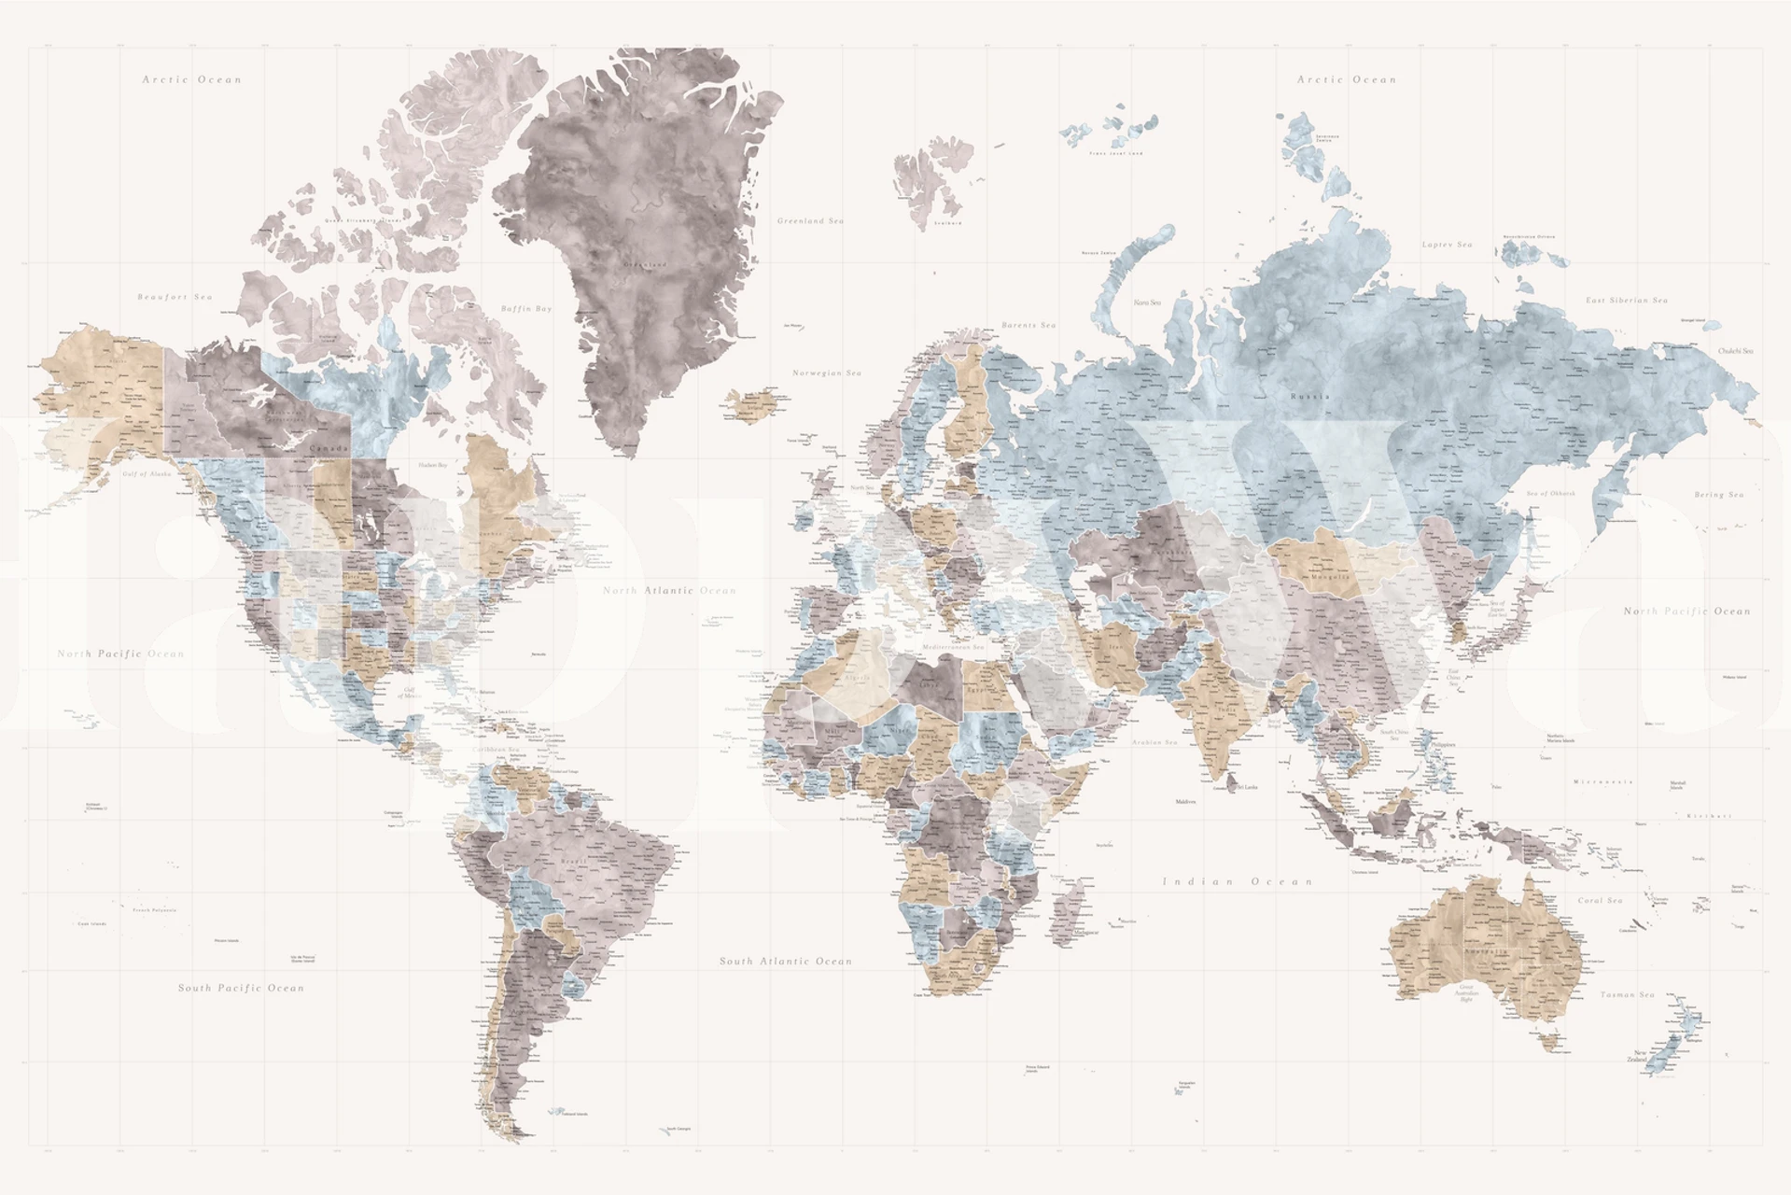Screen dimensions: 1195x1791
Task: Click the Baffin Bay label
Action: point(526,308)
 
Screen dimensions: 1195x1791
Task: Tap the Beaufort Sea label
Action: point(175,297)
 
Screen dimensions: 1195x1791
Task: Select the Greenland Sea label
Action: point(810,221)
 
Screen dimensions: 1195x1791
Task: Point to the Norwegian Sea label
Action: point(827,373)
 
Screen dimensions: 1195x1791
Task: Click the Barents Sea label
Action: point(1028,325)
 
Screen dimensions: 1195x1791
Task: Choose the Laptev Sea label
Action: point(1447,245)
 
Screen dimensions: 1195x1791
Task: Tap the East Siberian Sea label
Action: point(1627,301)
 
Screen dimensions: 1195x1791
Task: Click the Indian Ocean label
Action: point(1238,881)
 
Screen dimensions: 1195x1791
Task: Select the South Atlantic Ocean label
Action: point(786,961)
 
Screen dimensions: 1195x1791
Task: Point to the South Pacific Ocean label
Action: point(241,988)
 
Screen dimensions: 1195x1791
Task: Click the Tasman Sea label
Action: point(1628,995)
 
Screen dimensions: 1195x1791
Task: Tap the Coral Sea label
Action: point(1600,901)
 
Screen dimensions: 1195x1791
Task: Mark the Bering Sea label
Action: point(1719,495)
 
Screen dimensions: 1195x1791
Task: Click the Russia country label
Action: point(1309,397)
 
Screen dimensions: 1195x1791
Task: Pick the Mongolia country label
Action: point(1330,577)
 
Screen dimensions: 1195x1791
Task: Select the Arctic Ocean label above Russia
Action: point(1347,80)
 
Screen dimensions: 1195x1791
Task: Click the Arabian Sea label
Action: point(1154,742)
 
